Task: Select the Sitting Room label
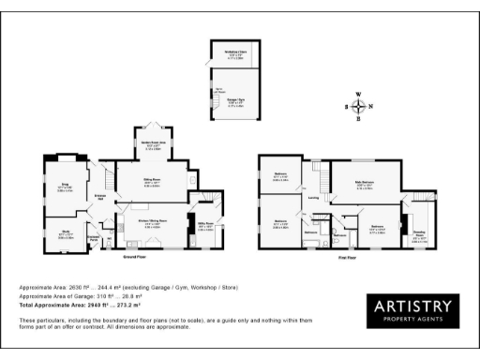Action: [153, 183]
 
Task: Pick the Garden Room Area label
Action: [155, 144]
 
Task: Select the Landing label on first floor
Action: [313, 197]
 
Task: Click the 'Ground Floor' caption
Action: [133, 254]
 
